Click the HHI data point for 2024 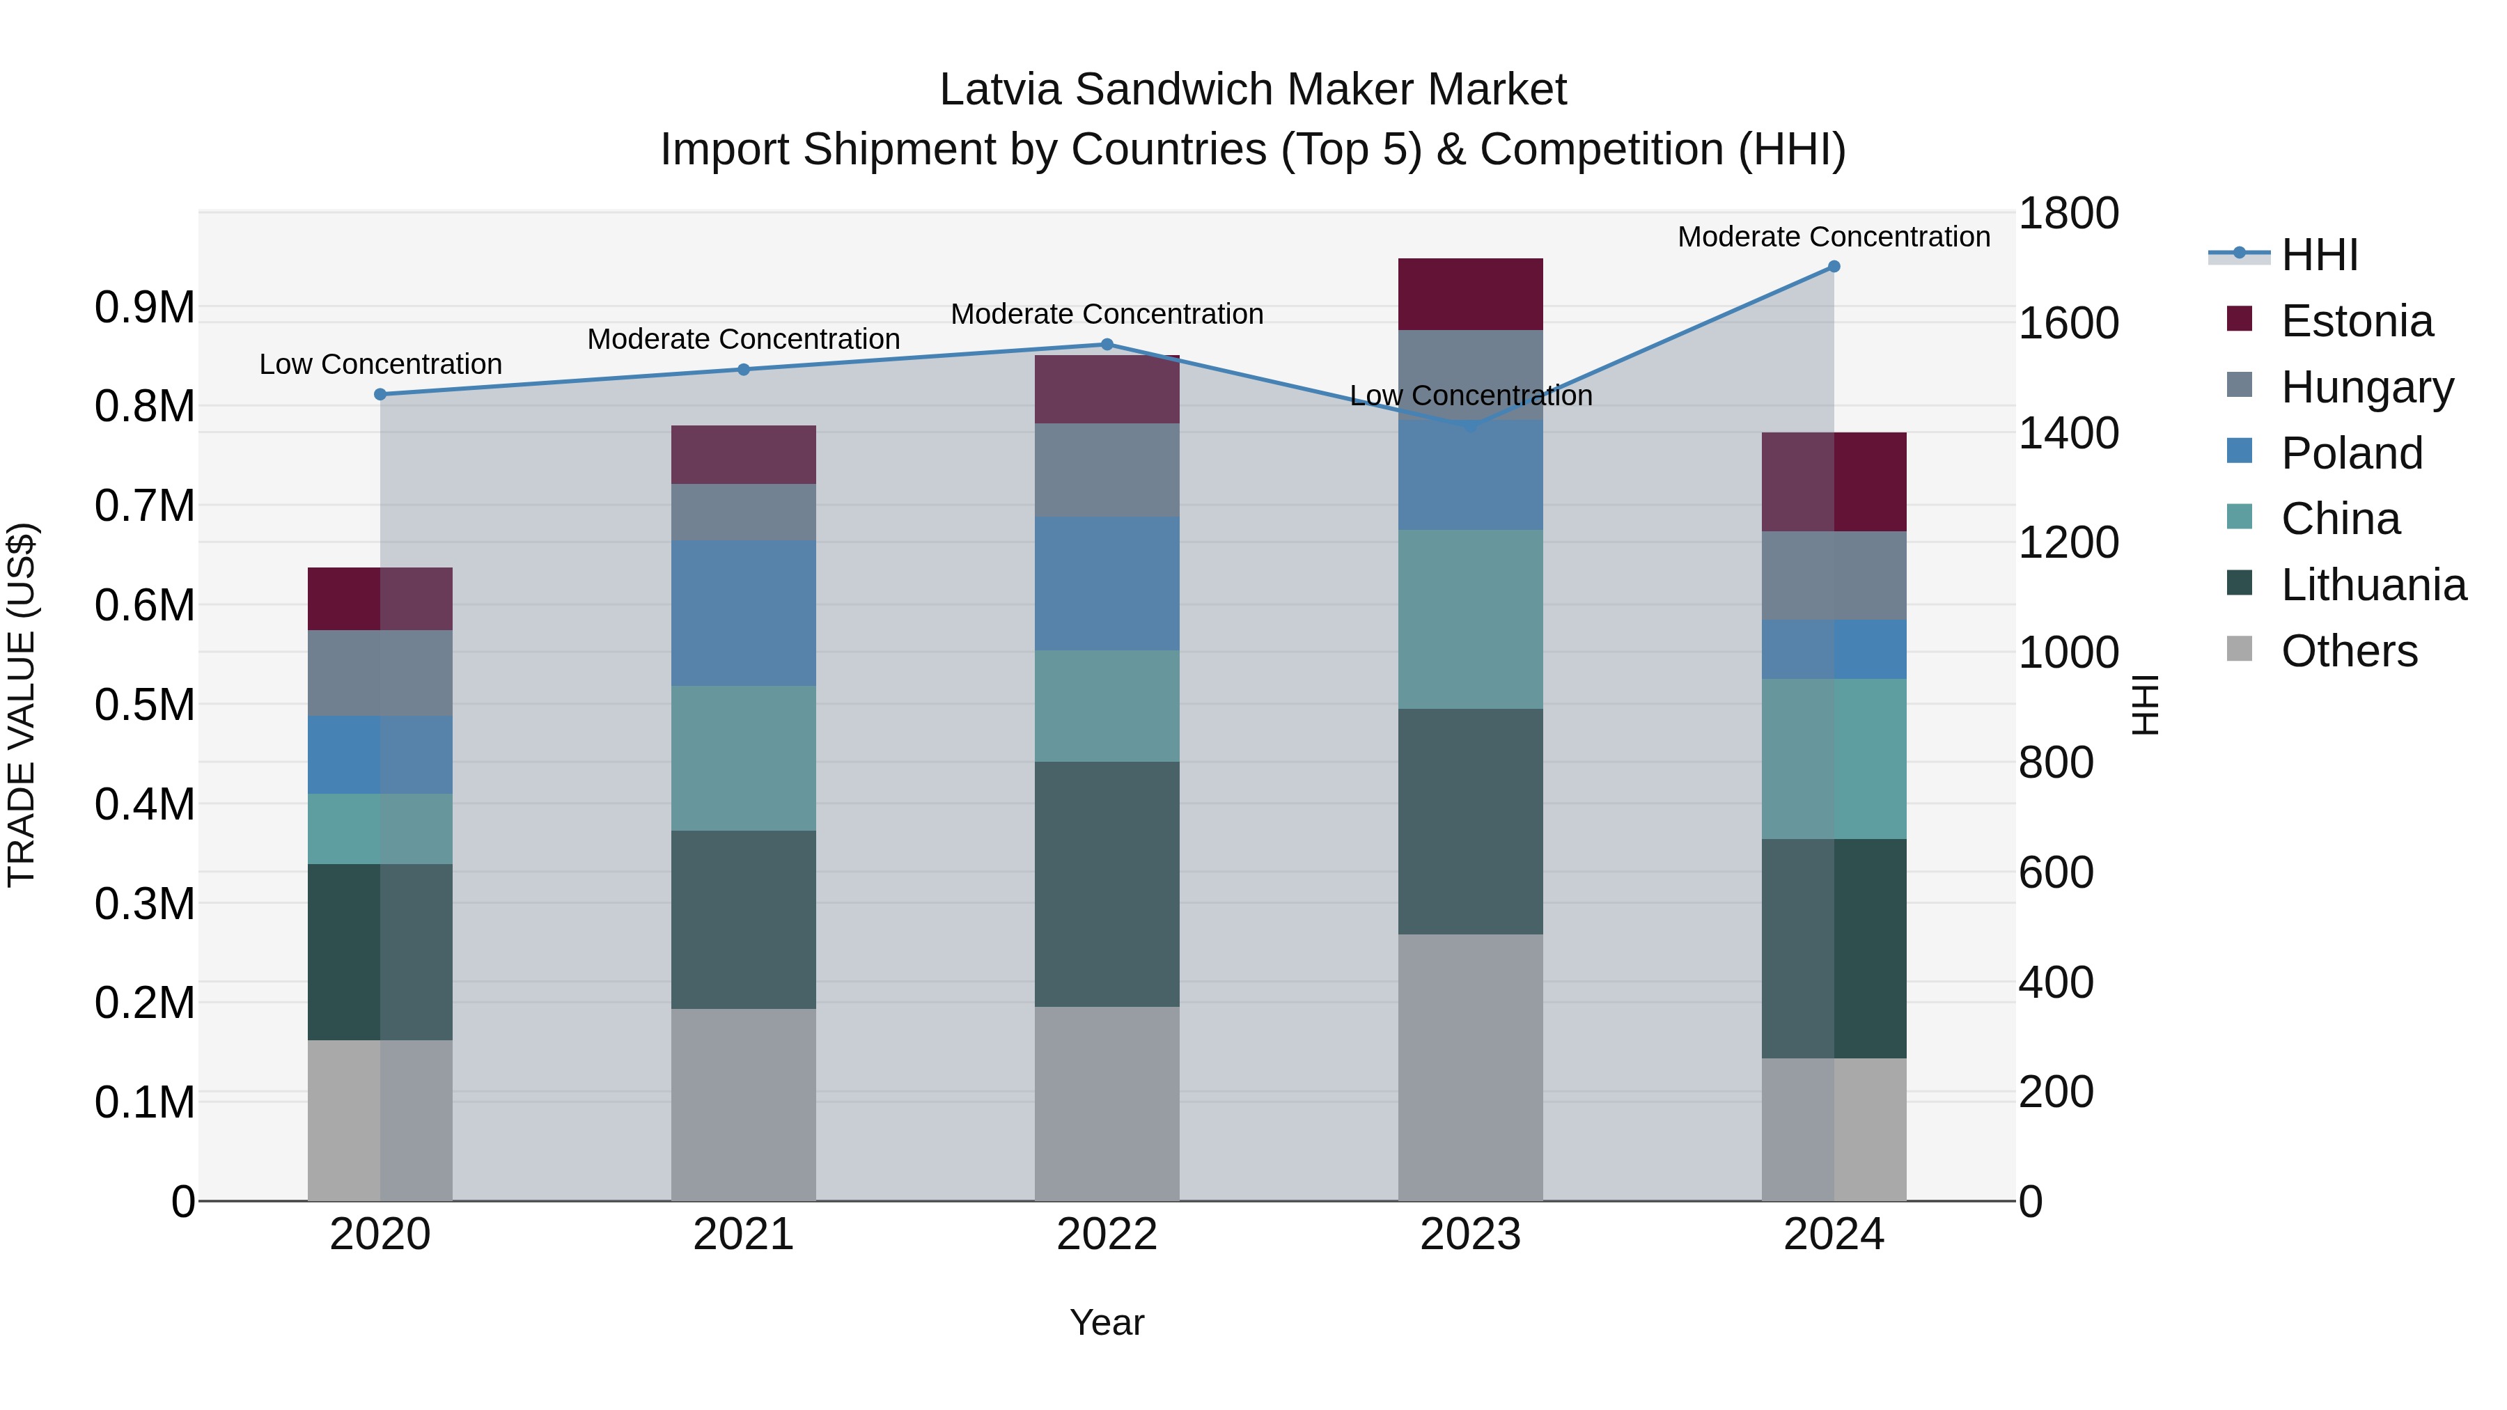pyautogui.click(x=1834, y=267)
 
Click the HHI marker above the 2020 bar pyautogui.click(x=380, y=394)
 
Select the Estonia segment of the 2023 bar pyautogui.click(x=1471, y=294)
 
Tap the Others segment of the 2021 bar pyautogui.click(x=744, y=1104)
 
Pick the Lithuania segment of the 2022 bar pyautogui.click(x=1107, y=884)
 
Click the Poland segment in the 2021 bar pyautogui.click(x=744, y=613)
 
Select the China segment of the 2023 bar pyautogui.click(x=1471, y=619)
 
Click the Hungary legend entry pyautogui.click(x=2367, y=387)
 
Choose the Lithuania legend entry pyautogui.click(x=2373, y=585)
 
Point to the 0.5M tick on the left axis pyautogui.click(x=145, y=705)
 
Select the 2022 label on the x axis pyautogui.click(x=1107, y=1235)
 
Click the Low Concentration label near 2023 pyautogui.click(x=1471, y=396)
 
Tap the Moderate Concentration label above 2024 pyautogui.click(x=1834, y=237)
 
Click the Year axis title pyautogui.click(x=1107, y=1322)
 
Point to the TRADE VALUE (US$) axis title pyautogui.click(x=22, y=705)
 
